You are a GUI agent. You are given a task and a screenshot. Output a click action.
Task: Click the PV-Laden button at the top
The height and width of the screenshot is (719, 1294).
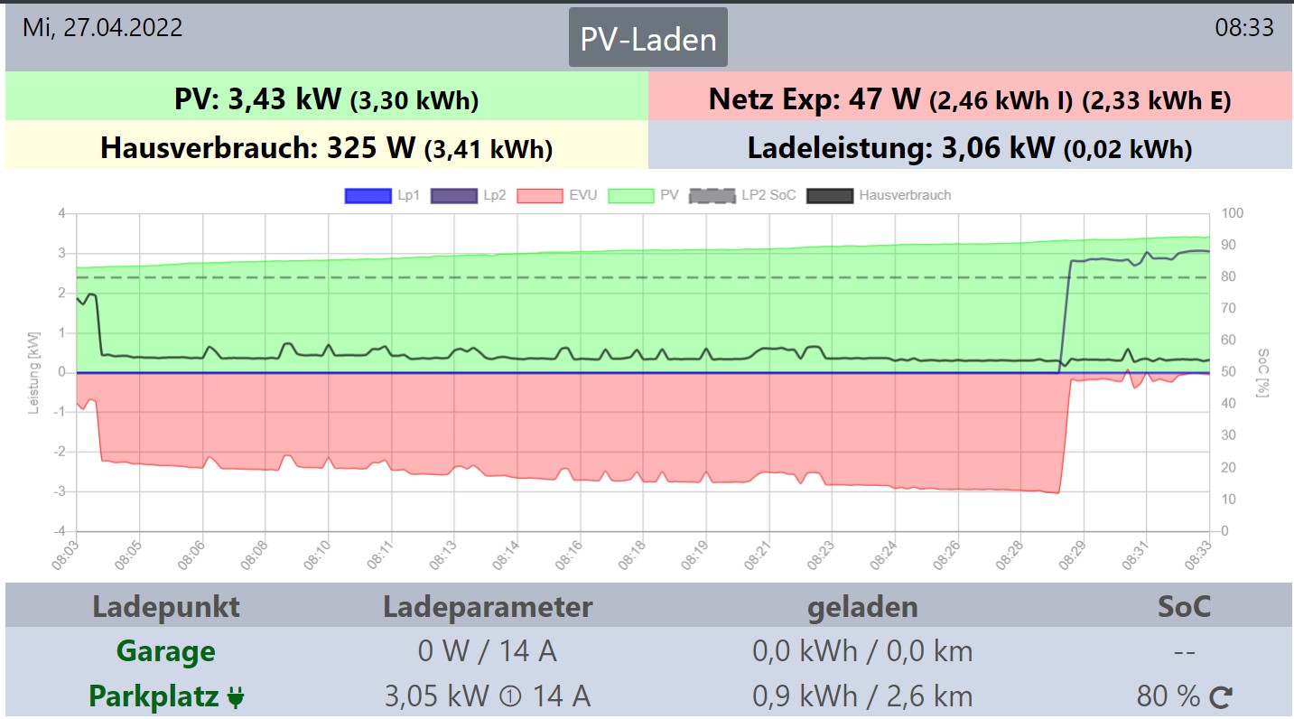647,39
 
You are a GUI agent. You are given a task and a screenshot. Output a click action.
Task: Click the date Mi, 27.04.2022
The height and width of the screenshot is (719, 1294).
102,27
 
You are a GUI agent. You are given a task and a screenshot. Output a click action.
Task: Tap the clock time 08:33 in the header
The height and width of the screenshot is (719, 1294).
1243,27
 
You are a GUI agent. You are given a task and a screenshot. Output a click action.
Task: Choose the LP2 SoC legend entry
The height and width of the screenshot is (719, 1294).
743,195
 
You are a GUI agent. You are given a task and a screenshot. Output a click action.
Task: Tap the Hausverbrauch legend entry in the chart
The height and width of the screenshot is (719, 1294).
879,195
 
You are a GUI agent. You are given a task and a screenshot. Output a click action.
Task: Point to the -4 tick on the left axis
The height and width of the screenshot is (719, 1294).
61,531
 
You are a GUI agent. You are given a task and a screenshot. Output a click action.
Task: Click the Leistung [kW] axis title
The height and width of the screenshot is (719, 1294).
34,372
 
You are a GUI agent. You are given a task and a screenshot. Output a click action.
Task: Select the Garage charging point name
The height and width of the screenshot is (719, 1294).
166,651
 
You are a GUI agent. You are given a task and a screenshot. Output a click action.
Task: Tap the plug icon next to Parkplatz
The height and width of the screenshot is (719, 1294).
236,697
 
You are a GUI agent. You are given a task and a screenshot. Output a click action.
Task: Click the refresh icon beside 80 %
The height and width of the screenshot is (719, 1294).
1221,696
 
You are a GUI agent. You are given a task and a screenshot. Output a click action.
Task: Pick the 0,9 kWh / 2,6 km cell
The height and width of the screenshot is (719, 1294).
862,696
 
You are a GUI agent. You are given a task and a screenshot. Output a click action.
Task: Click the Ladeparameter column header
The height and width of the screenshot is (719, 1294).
488,606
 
